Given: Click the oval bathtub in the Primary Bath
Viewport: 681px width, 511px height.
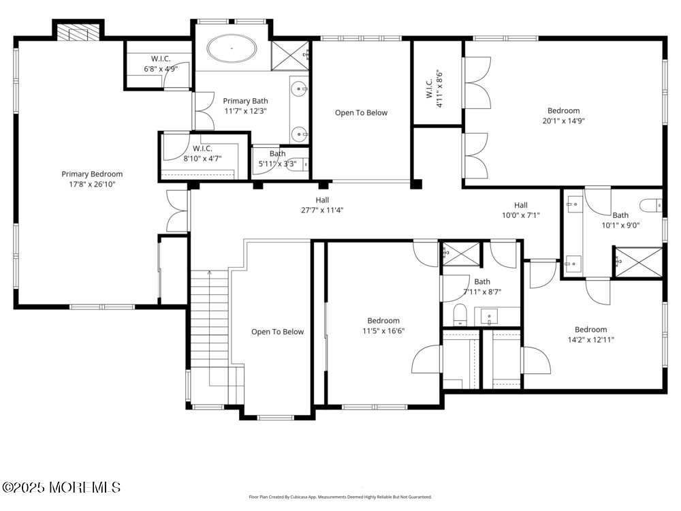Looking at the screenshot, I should tap(232, 49).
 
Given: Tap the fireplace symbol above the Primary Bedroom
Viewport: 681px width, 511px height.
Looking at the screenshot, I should tap(78, 31).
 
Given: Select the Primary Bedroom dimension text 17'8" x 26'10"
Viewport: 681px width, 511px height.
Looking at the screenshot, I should tap(92, 184).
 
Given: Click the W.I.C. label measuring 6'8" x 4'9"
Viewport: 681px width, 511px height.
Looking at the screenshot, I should tap(161, 64).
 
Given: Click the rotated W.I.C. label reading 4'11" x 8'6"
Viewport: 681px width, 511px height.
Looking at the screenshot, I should tap(434, 85).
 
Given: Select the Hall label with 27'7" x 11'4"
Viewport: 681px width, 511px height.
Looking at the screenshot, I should tap(322, 205).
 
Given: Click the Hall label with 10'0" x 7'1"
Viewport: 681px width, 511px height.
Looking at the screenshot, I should tap(520, 210).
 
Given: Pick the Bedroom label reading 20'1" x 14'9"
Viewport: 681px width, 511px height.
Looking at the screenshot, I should tap(563, 116).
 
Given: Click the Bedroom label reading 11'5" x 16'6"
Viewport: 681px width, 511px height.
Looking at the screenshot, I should tap(383, 326).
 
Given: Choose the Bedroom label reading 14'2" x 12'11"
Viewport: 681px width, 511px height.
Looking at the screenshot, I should tap(590, 335).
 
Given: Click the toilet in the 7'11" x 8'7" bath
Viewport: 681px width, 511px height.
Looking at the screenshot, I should tap(459, 315).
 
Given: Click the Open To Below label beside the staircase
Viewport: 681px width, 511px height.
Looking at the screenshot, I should tap(277, 332).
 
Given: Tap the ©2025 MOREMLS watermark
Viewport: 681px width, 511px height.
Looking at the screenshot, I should tap(61, 487).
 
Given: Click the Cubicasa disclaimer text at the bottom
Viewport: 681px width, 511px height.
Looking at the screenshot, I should tap(340, 497).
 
